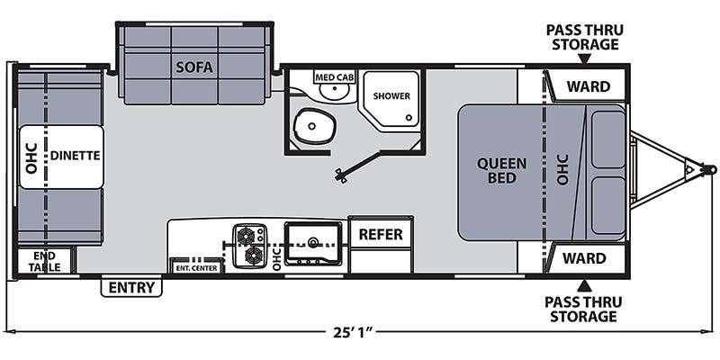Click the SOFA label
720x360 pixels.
(x=194, y=67)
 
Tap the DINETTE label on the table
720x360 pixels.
(x=76, y=156)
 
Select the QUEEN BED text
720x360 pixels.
(x=501, y=170)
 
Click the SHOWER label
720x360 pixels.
(x=391, y=96)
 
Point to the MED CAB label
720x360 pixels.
(x=335, y=76)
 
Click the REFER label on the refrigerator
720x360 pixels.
(x=381, y=234)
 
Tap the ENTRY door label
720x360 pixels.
(x=131, y=287)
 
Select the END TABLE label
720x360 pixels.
(x=44, y=261)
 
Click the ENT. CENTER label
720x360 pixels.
(x=196, y=268)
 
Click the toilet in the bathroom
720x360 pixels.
(x=314, y=126)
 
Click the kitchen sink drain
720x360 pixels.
(x=313, y=241)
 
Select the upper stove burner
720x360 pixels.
(x=246, y=236)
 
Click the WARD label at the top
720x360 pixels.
(x=589, y=86)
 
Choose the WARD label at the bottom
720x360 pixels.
(x=584, y=258)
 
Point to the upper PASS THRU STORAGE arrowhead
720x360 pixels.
(x=584, y=58)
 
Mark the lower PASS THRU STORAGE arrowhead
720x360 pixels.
(x=584, y=286)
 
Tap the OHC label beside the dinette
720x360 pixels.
(x=31, y=158)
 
